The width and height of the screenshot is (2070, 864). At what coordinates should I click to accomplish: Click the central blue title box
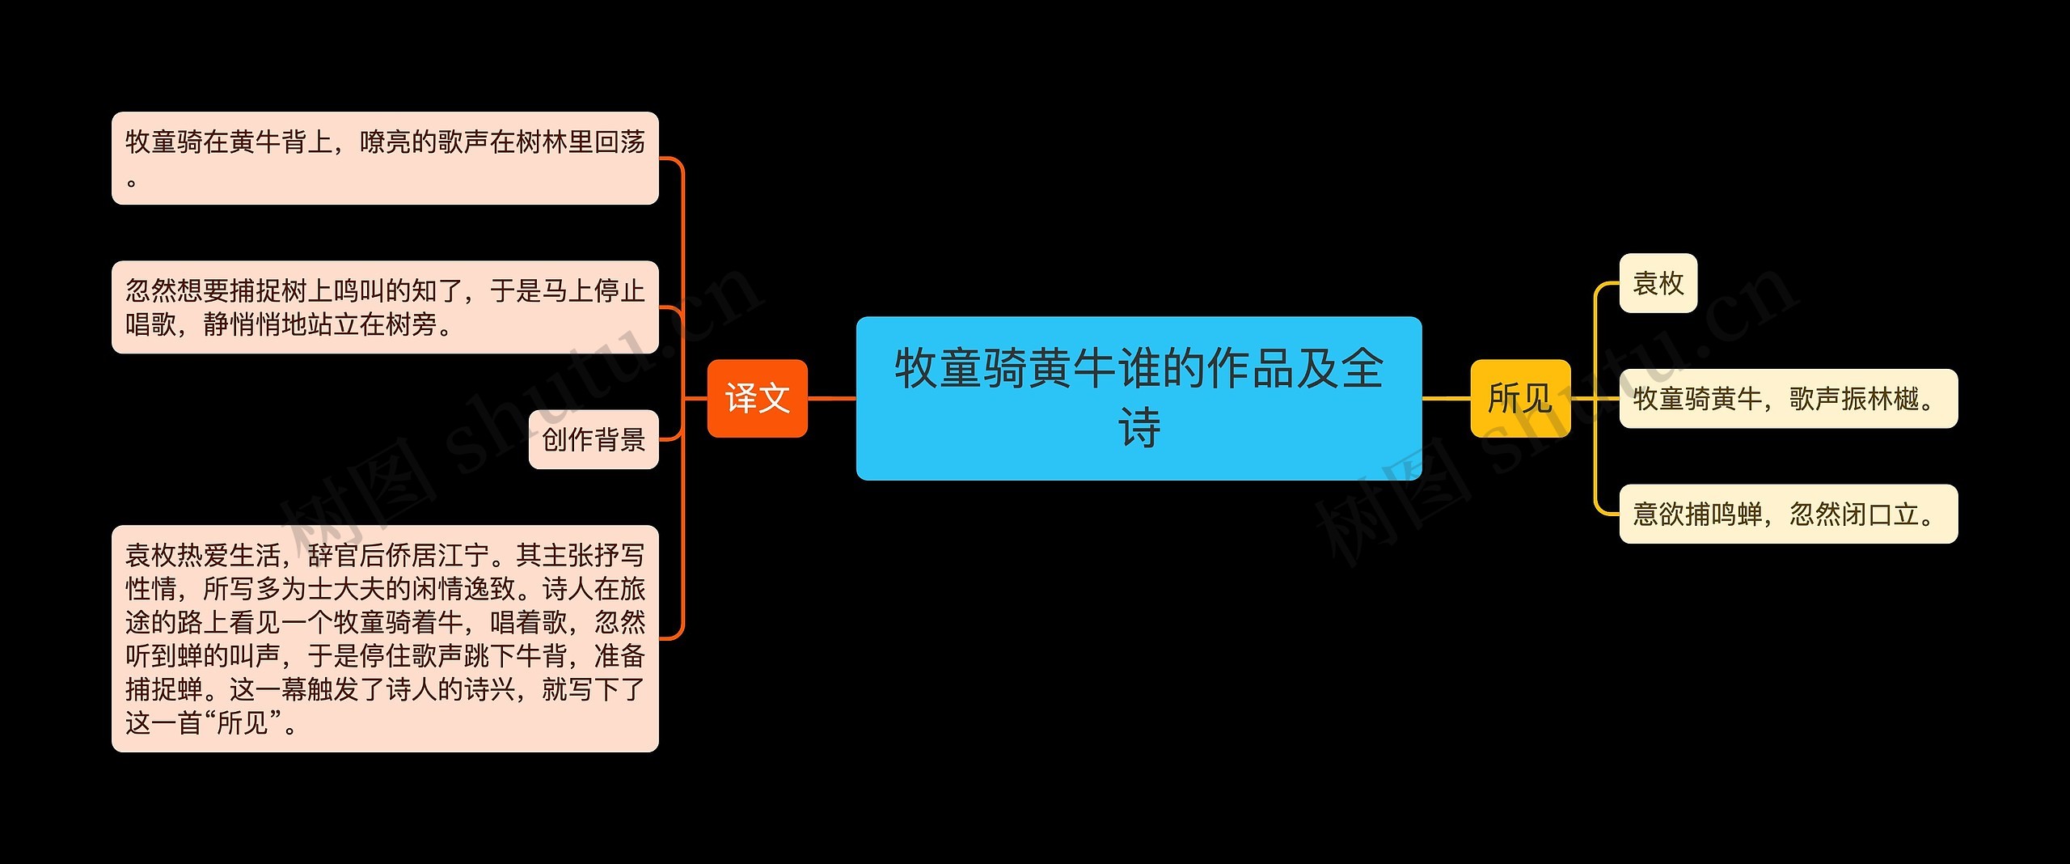click(1138, 398)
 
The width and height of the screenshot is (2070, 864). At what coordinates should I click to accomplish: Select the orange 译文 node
click(757, 398)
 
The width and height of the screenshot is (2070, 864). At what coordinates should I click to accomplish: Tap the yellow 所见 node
click(1519, 398)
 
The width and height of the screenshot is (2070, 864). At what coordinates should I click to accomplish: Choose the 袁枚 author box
click(1658, 283)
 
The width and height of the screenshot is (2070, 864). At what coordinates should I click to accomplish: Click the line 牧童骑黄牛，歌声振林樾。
click(1788, 398)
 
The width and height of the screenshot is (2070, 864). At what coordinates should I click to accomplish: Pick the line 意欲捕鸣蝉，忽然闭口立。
click(1788, 514)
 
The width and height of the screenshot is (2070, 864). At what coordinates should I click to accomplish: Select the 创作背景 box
click(594, 439)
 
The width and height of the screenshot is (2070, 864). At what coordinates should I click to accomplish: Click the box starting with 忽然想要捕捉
click(385, 307)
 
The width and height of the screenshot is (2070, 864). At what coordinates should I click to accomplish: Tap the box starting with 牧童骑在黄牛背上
click(385, 158)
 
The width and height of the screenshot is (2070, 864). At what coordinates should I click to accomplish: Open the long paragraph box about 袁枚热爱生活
click(385, 638)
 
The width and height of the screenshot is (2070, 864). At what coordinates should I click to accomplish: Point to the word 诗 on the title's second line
click(1138, 428)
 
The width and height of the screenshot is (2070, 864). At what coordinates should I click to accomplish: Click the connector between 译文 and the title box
click(831, 398)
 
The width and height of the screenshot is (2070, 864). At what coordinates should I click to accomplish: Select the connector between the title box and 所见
click(1446, 398)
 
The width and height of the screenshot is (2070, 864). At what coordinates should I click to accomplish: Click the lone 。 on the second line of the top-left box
click(132, 182)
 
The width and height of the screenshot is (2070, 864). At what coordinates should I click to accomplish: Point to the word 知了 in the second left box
click(437, 290)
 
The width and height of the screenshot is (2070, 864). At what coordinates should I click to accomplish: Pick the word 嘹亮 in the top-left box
click(385, 142)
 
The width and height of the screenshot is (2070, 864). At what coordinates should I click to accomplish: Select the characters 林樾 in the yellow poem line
click(1892, 398)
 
